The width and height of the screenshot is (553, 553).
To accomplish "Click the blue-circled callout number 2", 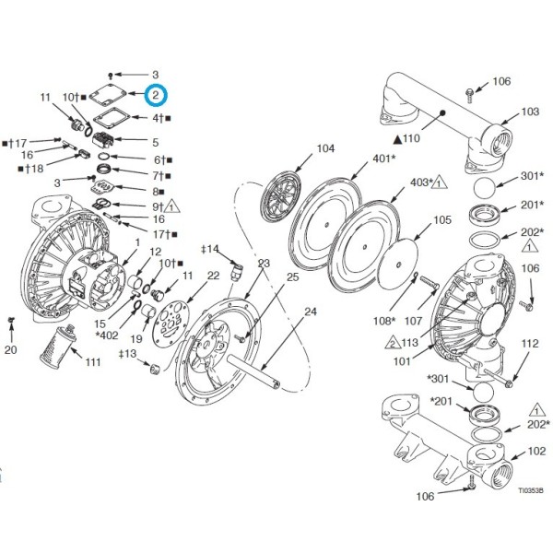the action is click(156, 95).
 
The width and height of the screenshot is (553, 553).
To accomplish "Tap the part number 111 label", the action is click(93, 362).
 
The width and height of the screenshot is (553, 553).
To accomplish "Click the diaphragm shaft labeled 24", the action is click(253, 371).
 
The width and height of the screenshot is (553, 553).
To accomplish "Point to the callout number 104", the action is click(326, 148).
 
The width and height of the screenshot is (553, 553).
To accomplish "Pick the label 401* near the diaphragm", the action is click(384, 159).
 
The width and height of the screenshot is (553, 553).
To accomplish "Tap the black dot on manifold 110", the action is click(443, 112).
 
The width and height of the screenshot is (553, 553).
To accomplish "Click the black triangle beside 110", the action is click(398, 140).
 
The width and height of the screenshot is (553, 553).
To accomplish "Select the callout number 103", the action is click(531, 112).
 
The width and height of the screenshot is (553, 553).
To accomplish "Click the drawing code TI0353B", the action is click(531, 490).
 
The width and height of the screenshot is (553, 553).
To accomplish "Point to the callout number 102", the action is click(536, 451).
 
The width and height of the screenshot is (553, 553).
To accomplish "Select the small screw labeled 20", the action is click(11, 320).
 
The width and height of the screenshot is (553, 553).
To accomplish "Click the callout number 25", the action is click(292, 277).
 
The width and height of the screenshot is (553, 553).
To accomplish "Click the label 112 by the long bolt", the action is click(530, 344).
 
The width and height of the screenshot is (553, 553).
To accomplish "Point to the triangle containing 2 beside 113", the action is click(393, 343).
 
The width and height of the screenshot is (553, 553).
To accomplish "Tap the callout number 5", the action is click(156, 143).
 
